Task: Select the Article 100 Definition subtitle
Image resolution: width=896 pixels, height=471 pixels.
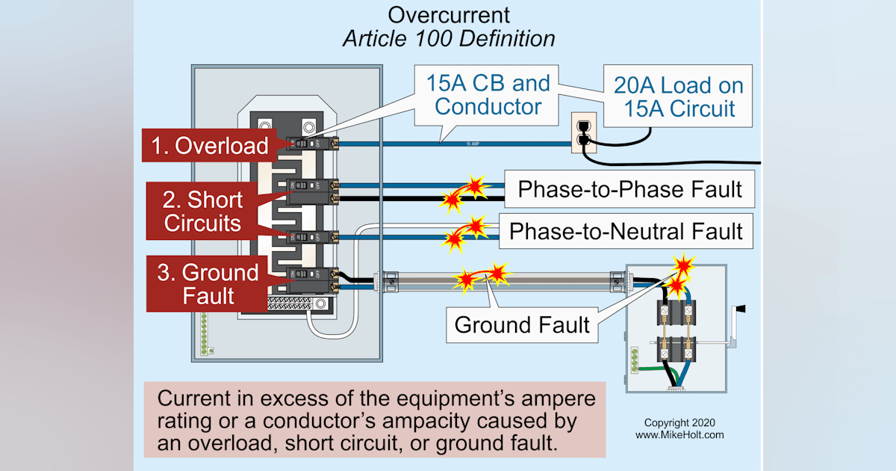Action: [x=449, y=39]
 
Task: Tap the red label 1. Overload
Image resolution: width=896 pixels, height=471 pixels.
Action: [x=210, y=146]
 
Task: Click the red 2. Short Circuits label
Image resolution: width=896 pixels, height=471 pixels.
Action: [x=204, y=212]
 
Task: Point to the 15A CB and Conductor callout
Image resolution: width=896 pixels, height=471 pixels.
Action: [x=488, y=94]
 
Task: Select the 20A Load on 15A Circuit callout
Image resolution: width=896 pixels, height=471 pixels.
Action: [x=678, y=96]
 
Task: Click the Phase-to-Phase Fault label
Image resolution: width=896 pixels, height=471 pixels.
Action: [x=629, y=189]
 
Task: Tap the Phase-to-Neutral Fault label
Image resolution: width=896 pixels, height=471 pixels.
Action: [x=626, y=232]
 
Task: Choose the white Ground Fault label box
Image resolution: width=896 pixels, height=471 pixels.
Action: [x=522, y=325]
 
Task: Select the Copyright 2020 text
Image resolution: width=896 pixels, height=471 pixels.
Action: [x=679, y=422]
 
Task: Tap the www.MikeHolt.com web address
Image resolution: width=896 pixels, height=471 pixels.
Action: [x=679, y=434]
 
